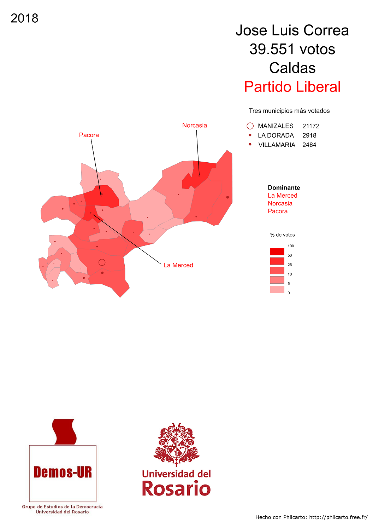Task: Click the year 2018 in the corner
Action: (24, 18)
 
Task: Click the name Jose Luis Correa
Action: (292, 30)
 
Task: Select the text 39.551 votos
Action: (292, 49)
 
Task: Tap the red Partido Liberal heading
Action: (292, 87)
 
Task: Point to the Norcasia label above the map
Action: (194, 126)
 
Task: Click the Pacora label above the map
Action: (89, 135)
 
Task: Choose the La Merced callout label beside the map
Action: (178, 265)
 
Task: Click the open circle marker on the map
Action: (102, 262)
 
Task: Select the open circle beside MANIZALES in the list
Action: (250, 126)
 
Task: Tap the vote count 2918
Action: (309, 135)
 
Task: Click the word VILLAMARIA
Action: (277, 145)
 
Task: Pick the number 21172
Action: (310, 126)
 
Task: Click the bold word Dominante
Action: (284, 188)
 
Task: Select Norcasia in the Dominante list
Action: (280, 203)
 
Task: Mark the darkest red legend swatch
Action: (277, 251)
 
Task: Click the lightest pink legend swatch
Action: (277, 289)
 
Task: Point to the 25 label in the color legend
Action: (290, 265)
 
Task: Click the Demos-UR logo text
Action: (63, 472)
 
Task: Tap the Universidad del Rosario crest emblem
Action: (176, 444)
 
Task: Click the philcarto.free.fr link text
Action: (338, 517)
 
